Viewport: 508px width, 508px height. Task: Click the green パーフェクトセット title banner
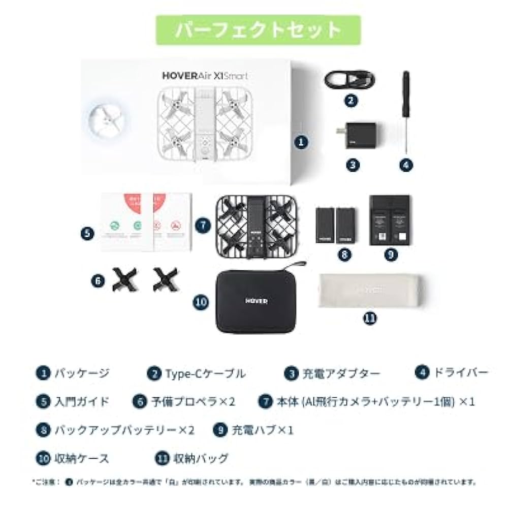click(258, 30)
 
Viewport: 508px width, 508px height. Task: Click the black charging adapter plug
click(359, 136)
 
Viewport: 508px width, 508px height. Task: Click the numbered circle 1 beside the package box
click(302, 142)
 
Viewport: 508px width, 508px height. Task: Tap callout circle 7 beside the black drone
click(203, 225)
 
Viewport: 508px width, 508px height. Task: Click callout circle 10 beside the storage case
click(201, 302)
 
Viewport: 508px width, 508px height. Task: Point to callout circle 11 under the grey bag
click(370, 319)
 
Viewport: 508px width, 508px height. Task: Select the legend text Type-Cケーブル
click(205, 374)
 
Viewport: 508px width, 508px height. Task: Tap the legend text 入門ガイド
click(82, 401)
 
